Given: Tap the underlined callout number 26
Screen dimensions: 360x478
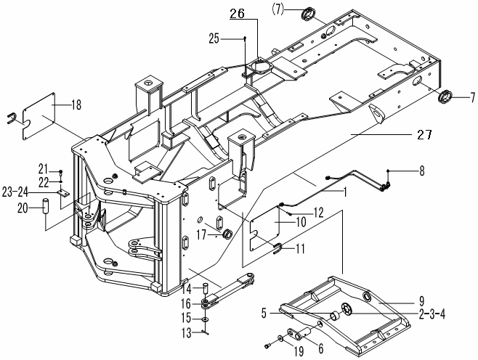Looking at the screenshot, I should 218,13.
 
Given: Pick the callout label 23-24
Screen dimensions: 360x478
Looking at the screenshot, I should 34,193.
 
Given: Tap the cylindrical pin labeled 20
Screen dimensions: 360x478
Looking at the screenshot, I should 44,205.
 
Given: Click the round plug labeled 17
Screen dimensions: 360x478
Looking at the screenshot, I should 225,234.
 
